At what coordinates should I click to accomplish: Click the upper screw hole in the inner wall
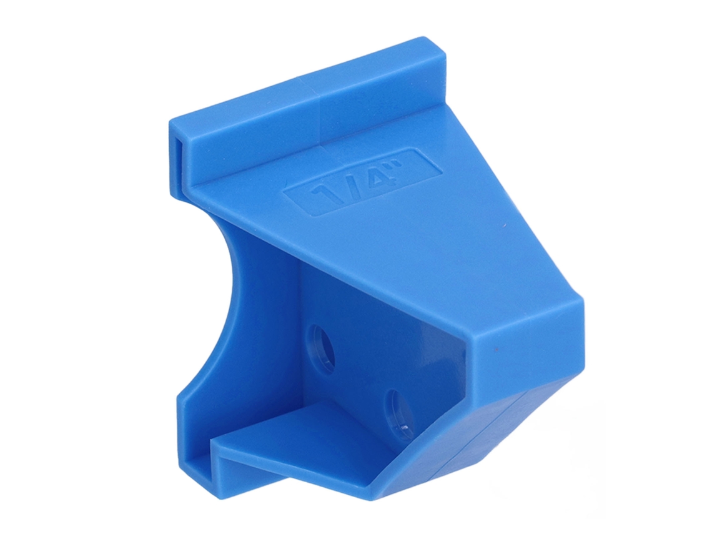pyautogui.click(x=322, y=343)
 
